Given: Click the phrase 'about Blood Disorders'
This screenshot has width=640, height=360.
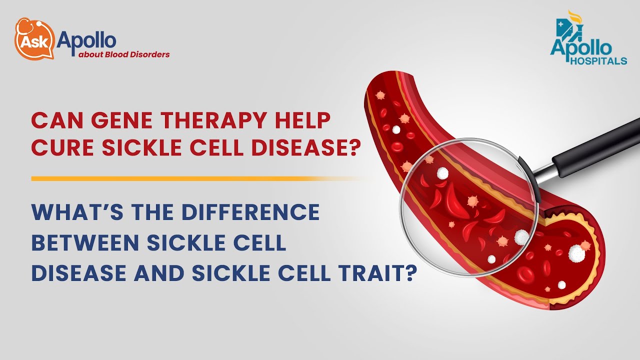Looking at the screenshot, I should [x=123, y=54].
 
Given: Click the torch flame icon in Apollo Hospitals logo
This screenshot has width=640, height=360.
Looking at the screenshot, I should [x=575, y=17].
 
